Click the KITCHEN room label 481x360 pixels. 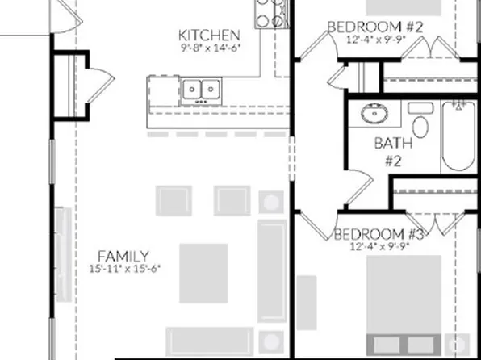[209, 35]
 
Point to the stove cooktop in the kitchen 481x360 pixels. [272, 12]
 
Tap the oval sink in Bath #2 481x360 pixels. [374, 114]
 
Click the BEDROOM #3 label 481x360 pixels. [379, 234]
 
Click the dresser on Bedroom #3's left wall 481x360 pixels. [307, 303]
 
